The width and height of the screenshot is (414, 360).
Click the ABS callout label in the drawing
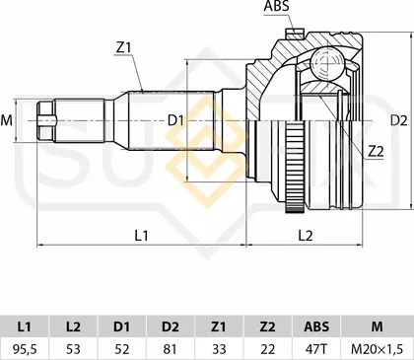click(276, 6)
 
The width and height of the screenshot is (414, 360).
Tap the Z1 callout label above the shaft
click(123, 48)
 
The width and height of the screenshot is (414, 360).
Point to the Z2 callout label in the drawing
click(376, 151)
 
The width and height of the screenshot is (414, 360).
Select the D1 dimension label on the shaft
click(175, 120)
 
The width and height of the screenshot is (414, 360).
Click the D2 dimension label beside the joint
click(398, 120)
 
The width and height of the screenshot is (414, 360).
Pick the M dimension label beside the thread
click(6, 120)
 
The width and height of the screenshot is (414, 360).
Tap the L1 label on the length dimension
click(141, 236)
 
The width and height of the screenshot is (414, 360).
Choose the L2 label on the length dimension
click(306, 236)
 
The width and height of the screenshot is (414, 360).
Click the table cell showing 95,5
click(25, 349)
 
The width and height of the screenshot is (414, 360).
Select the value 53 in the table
click(73, 349)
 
